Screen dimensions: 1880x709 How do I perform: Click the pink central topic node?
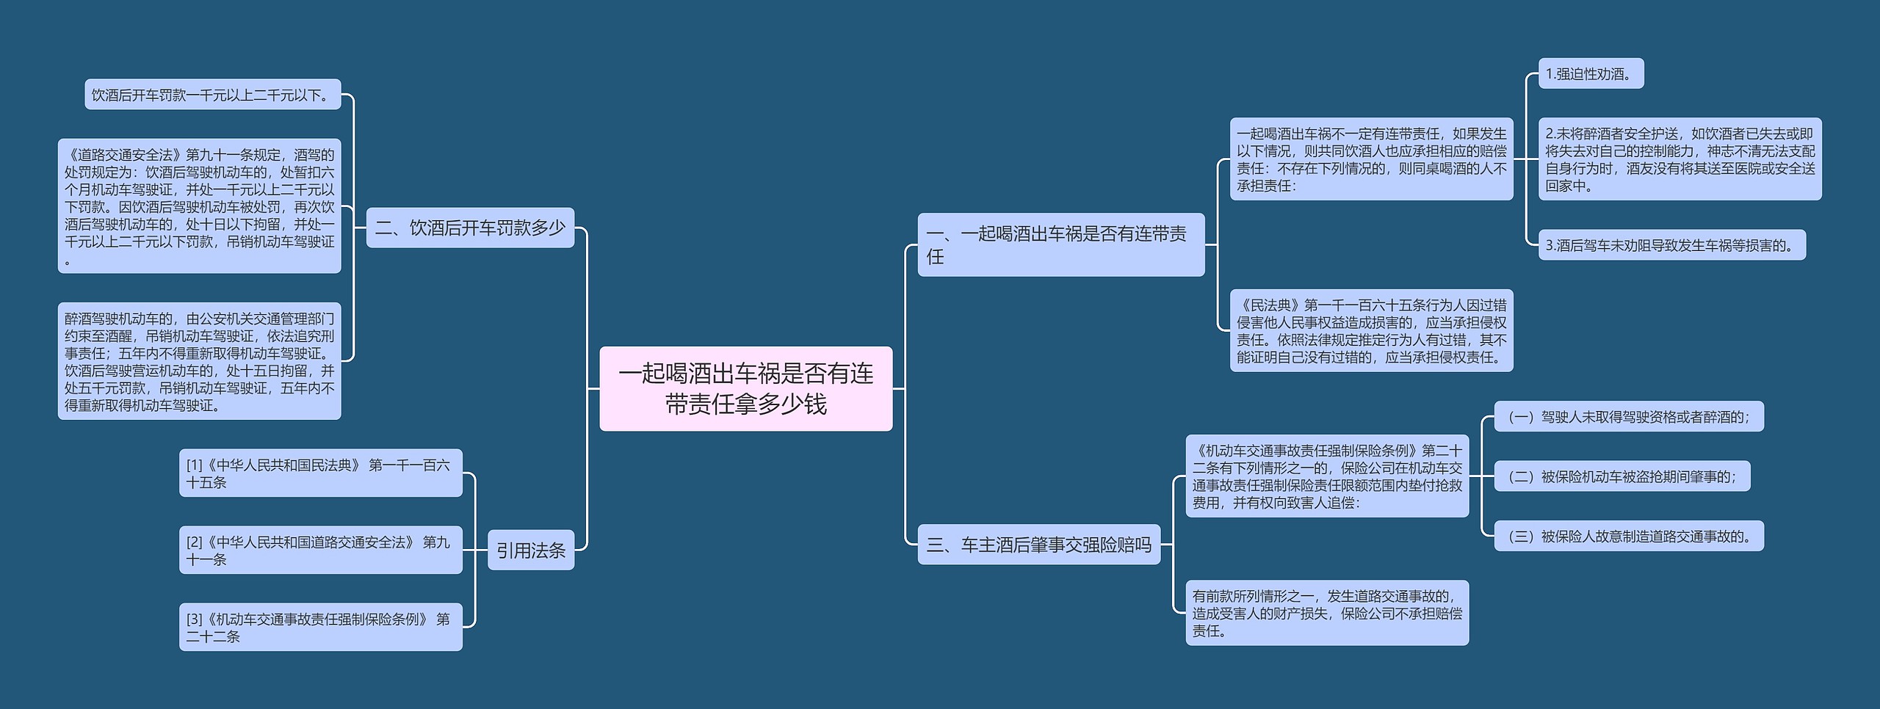745,388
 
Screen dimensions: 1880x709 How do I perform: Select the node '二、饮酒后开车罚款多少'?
470,228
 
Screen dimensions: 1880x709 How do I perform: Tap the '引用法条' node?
530,550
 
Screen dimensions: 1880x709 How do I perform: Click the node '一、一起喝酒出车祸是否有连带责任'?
1060,244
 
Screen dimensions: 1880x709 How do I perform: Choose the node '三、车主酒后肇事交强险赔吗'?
1038,545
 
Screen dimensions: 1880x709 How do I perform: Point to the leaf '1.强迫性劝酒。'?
1590,74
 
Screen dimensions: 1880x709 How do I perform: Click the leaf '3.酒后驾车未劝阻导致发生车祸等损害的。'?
1671,245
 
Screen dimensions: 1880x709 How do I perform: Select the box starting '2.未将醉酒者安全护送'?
1680,159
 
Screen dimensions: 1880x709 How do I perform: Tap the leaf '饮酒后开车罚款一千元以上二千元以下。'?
212,95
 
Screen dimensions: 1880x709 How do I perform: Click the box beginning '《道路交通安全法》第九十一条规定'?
199,206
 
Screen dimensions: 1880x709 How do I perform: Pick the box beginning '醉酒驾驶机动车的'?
199,361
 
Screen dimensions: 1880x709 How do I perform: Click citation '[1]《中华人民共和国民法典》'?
320,473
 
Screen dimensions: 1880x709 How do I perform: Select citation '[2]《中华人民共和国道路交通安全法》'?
320,550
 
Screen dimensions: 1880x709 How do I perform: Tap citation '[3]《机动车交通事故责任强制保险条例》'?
320,628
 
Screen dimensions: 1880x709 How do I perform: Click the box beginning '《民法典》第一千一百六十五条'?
1371,330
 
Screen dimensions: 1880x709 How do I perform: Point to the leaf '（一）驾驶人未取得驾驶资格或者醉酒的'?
1628,417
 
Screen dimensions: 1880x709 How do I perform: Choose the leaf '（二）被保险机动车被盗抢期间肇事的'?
1621,476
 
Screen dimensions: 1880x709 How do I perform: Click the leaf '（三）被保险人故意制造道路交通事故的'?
1628,537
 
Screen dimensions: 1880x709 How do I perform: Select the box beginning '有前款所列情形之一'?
1326,613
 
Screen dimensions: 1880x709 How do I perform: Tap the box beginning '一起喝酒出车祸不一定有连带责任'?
1371,159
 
